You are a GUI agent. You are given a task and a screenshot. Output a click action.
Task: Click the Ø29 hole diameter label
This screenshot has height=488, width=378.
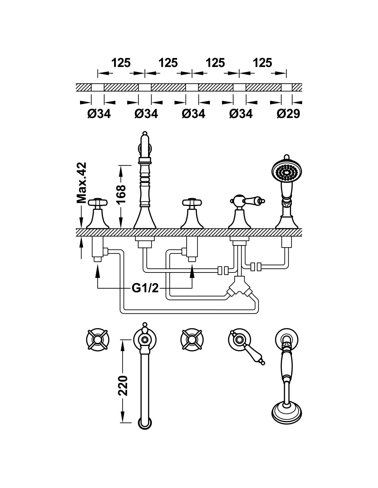click(x=289, y=114)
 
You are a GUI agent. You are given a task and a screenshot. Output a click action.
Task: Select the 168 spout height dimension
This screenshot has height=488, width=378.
click(x=121, y=195)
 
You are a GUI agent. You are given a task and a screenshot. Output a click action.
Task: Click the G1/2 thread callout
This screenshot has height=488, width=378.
click(x=145, y=288)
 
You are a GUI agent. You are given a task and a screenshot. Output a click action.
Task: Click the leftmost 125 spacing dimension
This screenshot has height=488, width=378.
click(x=121, y=63)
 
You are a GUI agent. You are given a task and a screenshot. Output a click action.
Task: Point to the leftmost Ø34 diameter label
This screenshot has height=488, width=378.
click(x=99, y=114)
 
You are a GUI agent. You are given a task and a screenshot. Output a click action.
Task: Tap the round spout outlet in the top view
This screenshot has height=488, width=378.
click(x=145, y=422)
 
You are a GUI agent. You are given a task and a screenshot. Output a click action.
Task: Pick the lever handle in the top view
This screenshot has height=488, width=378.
click(x=249, y=350)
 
